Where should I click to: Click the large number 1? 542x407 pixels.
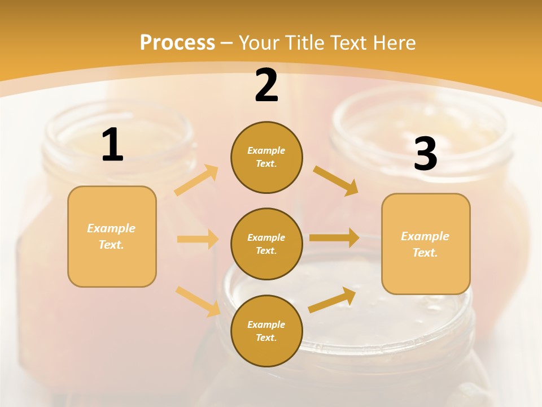[112, 145]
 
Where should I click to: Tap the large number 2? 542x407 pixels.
[266, 85]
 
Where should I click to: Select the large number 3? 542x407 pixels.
[425, 154]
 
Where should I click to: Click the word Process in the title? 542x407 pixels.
[177, 42]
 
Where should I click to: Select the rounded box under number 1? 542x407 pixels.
[112, 236]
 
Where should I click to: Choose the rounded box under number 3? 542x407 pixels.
[426, 244]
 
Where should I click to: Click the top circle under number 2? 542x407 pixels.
[266, 157]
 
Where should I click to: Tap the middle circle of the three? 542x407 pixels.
[266, 244]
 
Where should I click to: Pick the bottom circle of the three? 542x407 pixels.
[266, 331]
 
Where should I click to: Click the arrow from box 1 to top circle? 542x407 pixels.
[196, 180]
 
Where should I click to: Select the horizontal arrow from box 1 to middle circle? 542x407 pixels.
[198, 239]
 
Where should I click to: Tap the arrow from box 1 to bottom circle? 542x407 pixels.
[198, 301]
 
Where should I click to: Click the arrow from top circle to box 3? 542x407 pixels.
[336, 180]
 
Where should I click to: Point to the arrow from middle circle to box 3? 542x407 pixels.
[334, 238]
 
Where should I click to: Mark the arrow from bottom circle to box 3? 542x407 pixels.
[333, 300]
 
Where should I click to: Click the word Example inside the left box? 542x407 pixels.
[111, 228]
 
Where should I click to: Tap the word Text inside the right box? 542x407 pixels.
[425, 253]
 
